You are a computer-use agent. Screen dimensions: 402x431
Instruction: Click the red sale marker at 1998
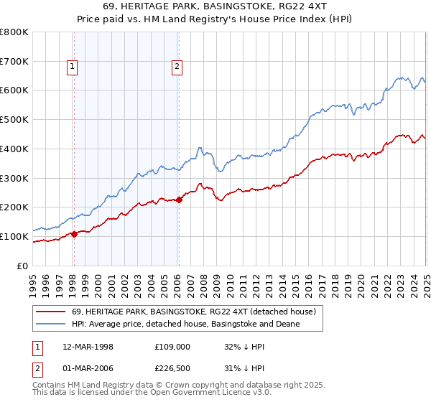click(74, 233)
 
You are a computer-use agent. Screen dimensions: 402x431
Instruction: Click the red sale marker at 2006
click(179, 200)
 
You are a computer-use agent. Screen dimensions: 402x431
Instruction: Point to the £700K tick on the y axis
click(15, 61)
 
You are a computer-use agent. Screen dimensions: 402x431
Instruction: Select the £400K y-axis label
click(15, 149)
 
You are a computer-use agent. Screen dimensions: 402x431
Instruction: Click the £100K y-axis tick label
click(15, 236)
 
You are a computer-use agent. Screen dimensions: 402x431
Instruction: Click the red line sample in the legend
click(51, 312)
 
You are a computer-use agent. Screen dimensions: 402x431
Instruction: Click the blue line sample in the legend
click(51, 324)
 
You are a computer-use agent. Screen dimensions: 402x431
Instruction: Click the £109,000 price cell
click(170, 345)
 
